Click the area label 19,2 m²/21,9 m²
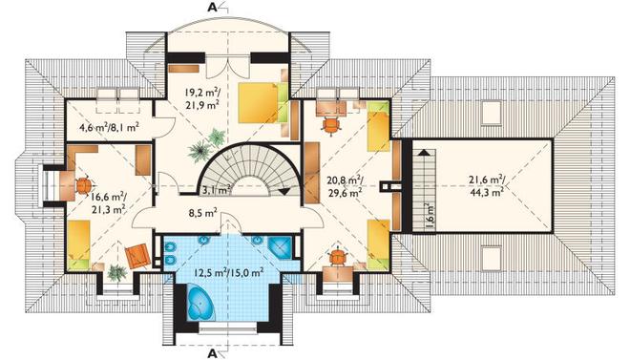coord(202,98)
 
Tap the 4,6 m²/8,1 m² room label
coord(109,128)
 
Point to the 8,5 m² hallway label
coord(203,213)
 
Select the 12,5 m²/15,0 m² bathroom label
coord(229,273)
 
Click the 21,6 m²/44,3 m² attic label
coord(487,185)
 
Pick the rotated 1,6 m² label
coord(430,218)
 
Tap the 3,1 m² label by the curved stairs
coord(217,190)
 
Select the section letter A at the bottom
coord(212,353)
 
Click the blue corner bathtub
coord(201,302)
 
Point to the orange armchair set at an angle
coord(137,256)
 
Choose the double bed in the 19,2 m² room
coord(262,102)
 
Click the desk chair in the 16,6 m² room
coord(84,186)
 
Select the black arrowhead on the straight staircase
coord(423,153)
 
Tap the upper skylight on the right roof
coord(492,113)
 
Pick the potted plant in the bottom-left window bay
coord(116,272)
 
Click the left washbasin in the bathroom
coord(205,241)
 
